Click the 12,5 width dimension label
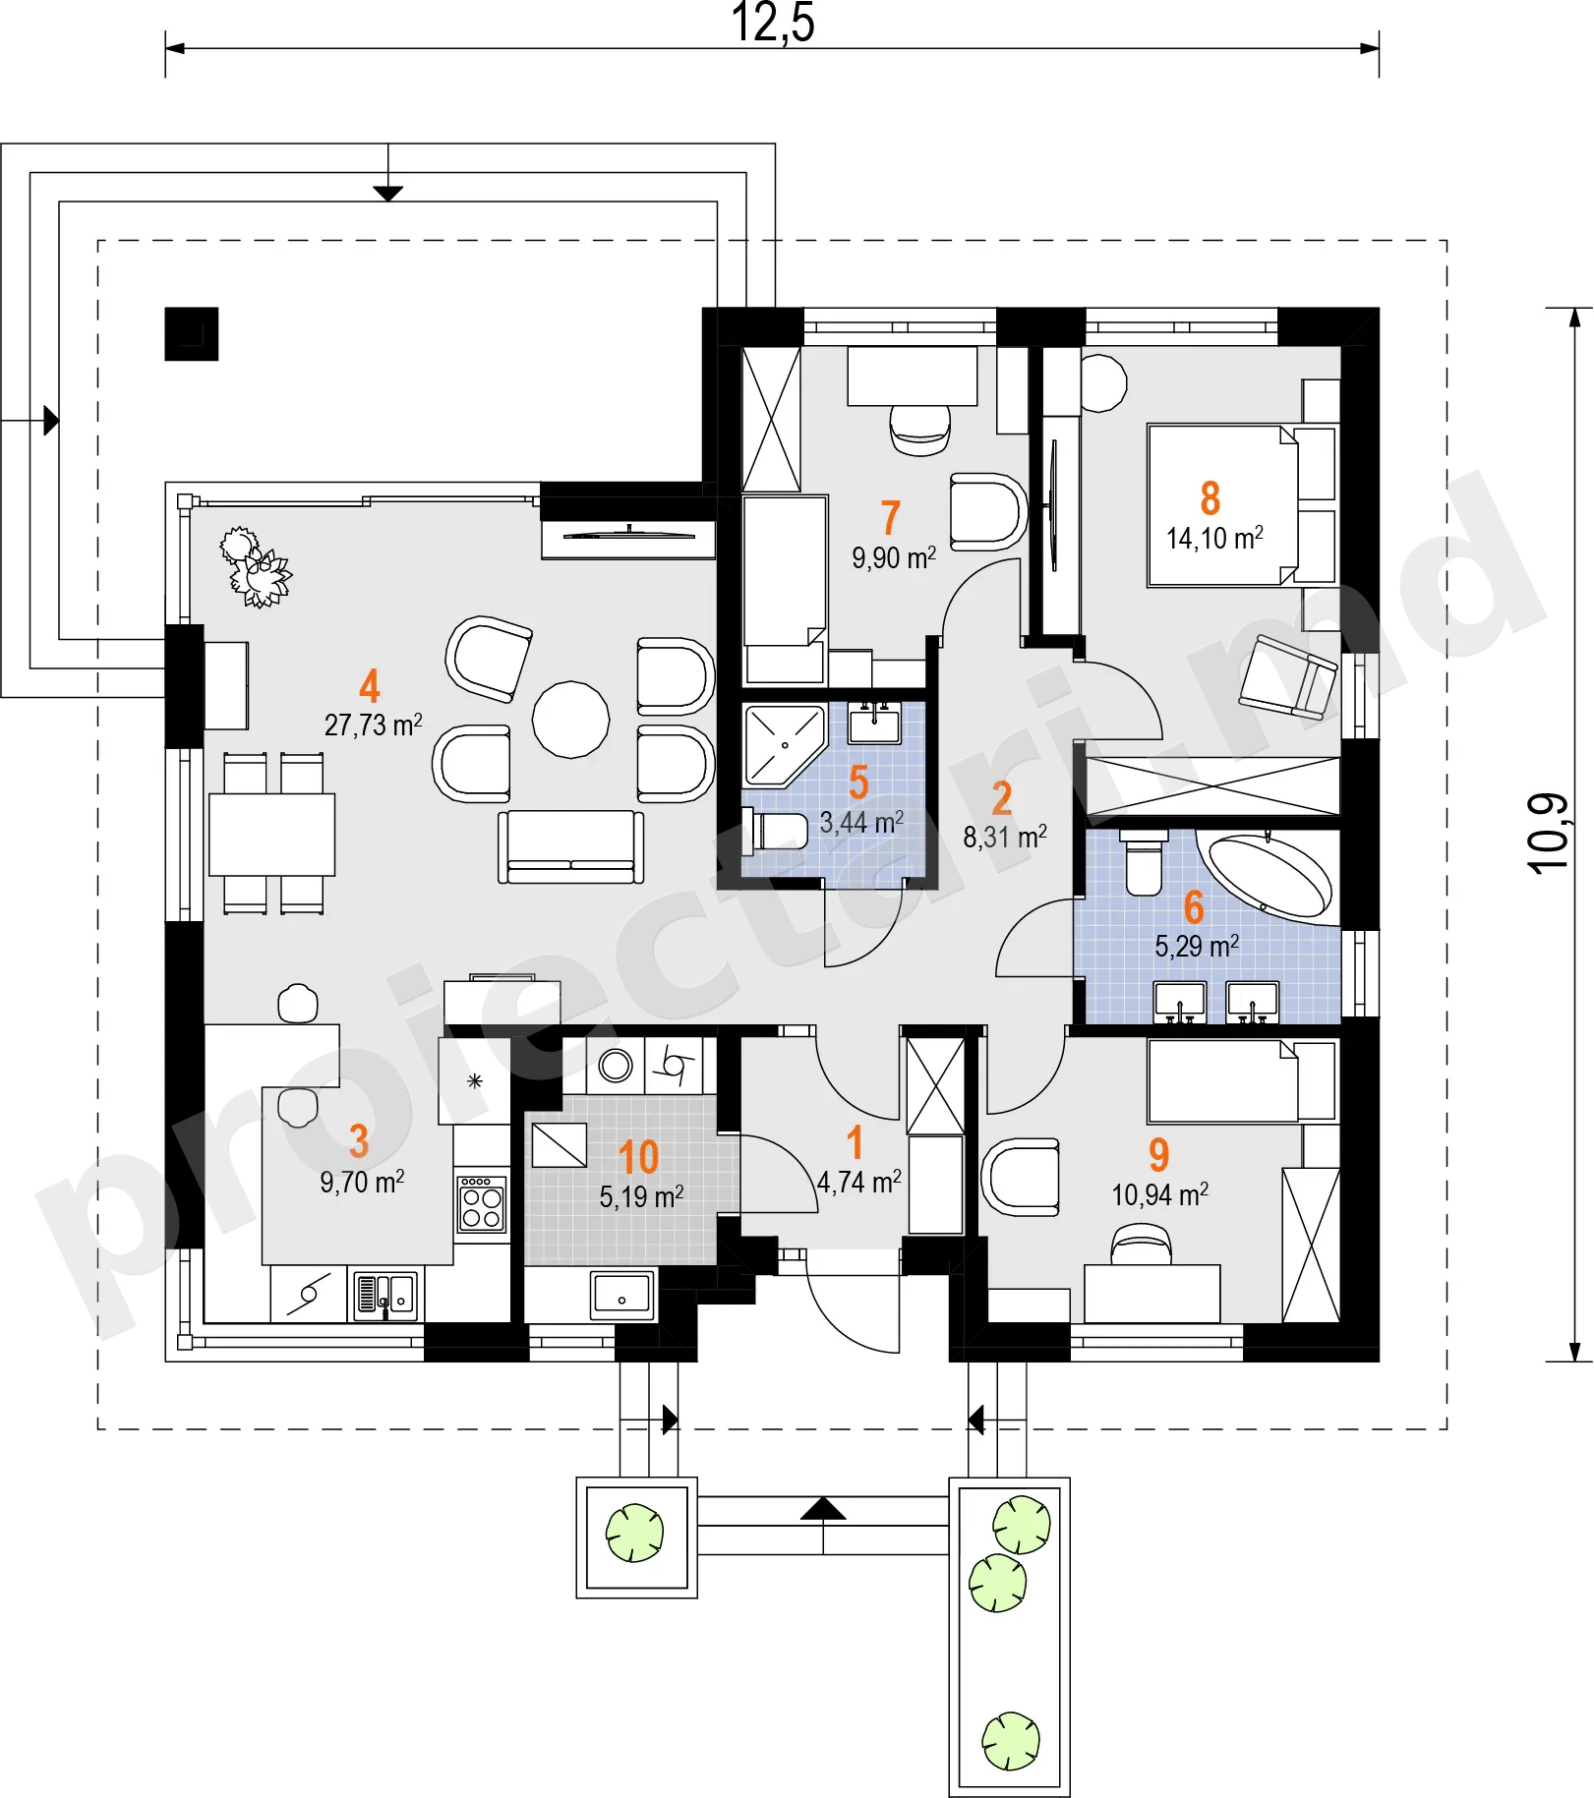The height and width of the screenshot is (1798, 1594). (773, 23)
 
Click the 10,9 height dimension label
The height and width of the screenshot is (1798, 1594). (1548, 834)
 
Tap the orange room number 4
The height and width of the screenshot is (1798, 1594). (370, 685)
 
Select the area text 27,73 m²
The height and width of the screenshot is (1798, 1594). (374, 725)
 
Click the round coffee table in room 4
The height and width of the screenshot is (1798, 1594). (570, 720)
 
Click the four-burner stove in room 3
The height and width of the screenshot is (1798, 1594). (482, 1204)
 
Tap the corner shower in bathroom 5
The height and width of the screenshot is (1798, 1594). (783, 746)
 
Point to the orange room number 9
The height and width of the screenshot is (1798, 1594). (1159, 1155)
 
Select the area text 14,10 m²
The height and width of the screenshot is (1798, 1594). (1214, 538)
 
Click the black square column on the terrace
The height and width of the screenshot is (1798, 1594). (192, 334)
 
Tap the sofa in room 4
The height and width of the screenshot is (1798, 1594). (570, 846)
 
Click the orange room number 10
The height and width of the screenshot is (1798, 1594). (638, 1158)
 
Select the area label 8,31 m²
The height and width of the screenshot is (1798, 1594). (1005, 837)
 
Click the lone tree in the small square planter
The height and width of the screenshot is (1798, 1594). (635, 1533)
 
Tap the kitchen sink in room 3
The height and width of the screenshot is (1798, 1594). (384, 1295)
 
